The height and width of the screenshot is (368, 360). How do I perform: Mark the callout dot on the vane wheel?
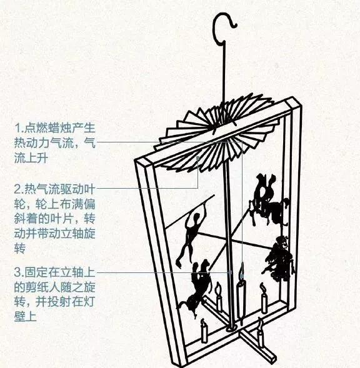pyautogui.click(x=198, y=158)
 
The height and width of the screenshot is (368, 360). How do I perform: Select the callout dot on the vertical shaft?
pyautogui.click(x=231, y=272)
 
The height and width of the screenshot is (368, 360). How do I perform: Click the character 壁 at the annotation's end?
pyautogui.click(x=20, y=316)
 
